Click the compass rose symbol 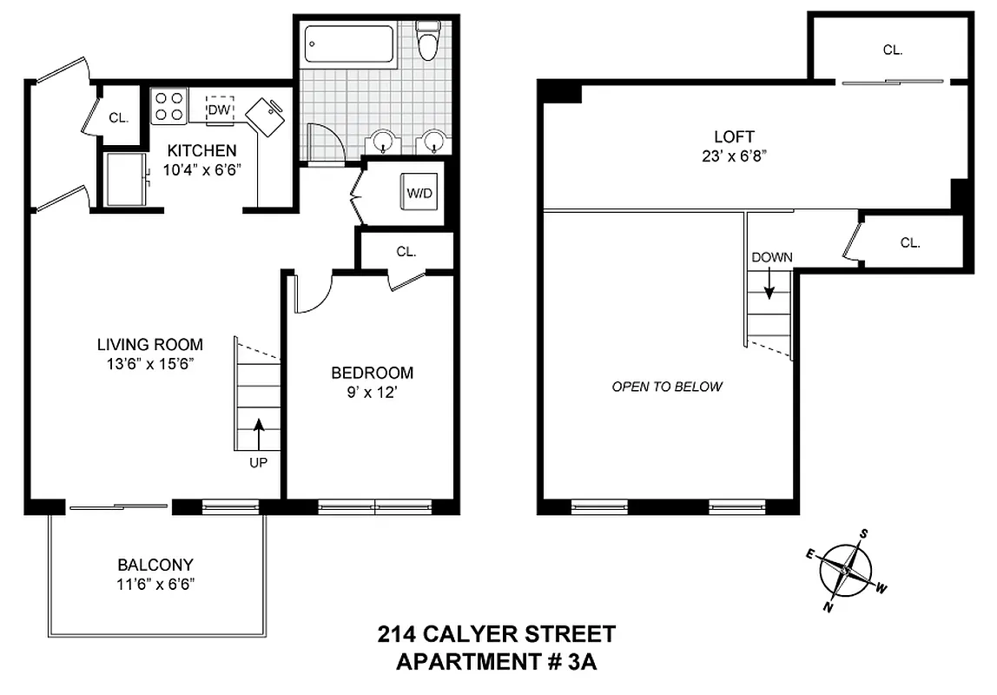tap(845, 571)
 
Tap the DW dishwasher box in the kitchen tap(220, 109)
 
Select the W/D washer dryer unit tap(419, 192)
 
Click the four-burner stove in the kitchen tap(168, 106)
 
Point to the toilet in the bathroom tap(427, 43)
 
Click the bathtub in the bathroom tap(348, 43)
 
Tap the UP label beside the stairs tap(258, 463)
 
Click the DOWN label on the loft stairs tap(771, 257)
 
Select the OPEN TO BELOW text tap(667, 387)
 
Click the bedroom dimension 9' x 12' tap(372, 392)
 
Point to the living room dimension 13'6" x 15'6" tap(149, 363)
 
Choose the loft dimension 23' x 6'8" tap(734, 156)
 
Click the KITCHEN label tap(201, 151)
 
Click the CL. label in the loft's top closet tap(892, 50)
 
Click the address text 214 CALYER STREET tap(497, 634)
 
